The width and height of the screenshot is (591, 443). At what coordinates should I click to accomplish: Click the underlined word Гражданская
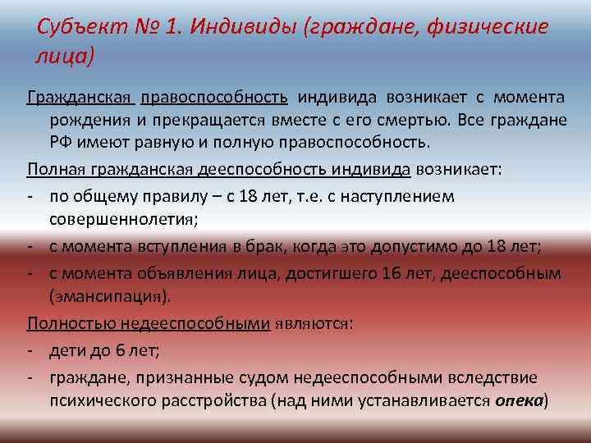[x=80, y=98]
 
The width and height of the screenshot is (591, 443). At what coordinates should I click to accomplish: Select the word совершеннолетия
[x=121, y=219]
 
